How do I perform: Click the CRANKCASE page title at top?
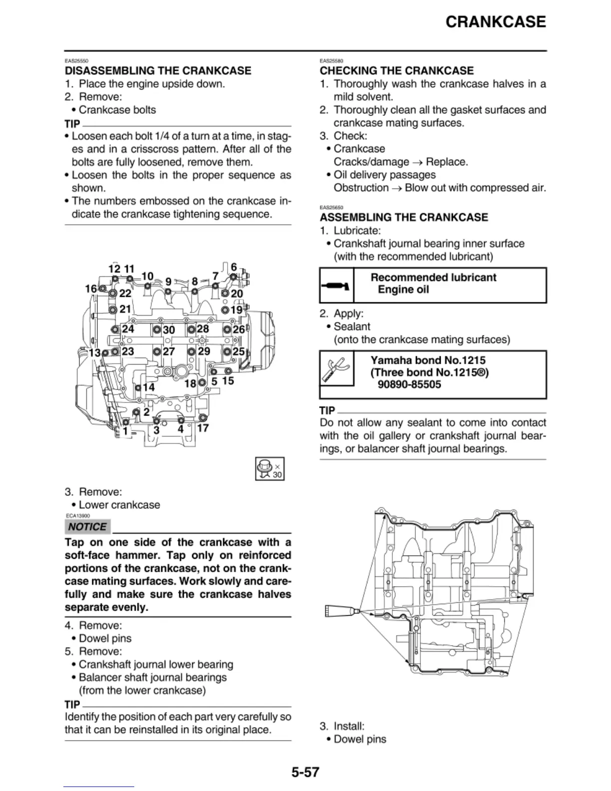tap(495, 22)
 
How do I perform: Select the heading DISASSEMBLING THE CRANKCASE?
tap(158, 71)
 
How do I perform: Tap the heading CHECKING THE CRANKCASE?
tap(396, 71)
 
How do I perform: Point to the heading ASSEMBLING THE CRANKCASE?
tap(404, 217)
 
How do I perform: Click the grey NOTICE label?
tap(87, 527)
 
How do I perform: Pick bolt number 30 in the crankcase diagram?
tap(157, 330)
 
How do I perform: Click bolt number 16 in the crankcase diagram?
tap(102, 289)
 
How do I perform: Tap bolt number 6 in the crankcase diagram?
tap(233, 277)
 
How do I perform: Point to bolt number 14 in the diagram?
tap(138, 387)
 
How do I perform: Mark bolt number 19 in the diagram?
tap(225, 310)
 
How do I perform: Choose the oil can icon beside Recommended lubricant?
tap(336, 286)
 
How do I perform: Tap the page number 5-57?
tap(305, 773)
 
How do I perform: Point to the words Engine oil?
tap(403, 290)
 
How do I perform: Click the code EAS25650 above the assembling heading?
tap(331, 207)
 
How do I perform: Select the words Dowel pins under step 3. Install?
tap(359, 739)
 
